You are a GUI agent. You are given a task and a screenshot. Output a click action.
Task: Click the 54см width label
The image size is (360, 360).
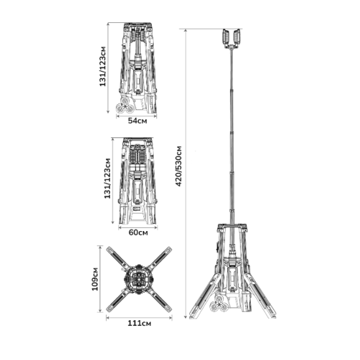click(137, 120)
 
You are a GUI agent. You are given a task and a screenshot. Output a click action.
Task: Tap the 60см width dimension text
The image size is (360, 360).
click(138, 232)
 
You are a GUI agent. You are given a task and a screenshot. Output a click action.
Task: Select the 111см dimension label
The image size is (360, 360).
click(139, 323)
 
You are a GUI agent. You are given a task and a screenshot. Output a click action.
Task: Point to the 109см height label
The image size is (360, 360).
click(95, 279)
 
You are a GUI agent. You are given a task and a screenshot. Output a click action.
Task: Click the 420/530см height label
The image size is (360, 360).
click(179, 166)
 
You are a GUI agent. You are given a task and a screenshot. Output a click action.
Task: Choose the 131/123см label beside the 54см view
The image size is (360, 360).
click(103, 66)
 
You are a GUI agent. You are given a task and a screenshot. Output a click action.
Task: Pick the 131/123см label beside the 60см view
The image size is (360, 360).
click(107, 179)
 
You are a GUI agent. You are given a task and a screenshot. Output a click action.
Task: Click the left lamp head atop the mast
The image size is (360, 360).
click(226, 36)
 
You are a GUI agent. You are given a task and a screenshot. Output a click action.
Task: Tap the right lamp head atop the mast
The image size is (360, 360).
click(237, 36)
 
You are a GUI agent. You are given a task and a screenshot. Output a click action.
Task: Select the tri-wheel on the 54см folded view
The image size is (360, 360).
click(125, 105)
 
